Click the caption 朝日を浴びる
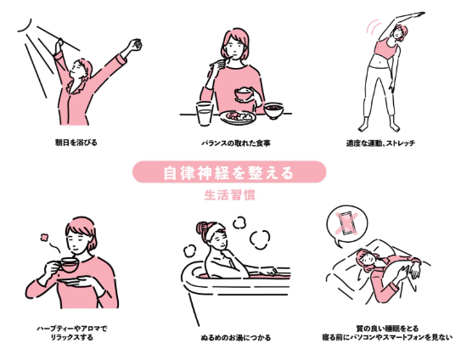pos(77,142)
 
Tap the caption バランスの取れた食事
pos(230,142)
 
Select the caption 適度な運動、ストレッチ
pos(380,142)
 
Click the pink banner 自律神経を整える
pos(229,173)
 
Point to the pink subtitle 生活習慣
pos(229,194)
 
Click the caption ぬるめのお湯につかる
pos(230,337)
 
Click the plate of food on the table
pos(237,116)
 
